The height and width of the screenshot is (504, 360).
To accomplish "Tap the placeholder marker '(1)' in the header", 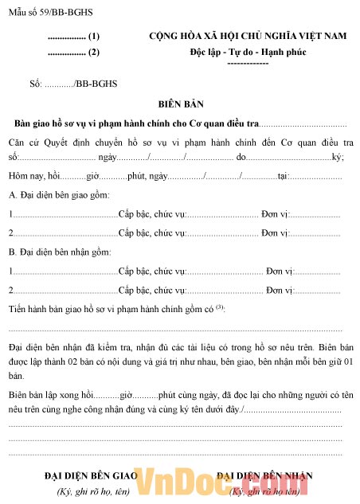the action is (94, 37).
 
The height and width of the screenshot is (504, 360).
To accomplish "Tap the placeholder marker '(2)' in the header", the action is (94, 53).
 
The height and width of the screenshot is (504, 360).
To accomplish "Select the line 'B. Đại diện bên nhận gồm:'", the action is (60, 252).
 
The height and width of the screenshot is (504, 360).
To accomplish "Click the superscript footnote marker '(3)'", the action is (220, 307).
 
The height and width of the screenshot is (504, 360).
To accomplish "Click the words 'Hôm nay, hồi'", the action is (33, 176).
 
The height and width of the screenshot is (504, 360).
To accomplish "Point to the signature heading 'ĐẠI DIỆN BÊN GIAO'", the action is (91, 476).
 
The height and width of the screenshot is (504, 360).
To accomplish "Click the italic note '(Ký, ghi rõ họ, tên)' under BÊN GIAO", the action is (92, 491).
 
